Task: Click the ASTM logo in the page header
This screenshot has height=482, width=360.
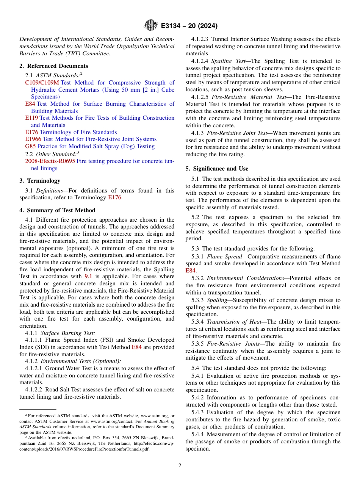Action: coord(150,25)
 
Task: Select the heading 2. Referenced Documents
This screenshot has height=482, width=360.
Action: coord(54,66)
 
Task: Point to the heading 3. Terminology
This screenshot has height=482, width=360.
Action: coord(40,181)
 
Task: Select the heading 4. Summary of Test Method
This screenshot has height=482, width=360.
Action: coord(57,210)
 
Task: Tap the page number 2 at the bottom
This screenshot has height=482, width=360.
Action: coord(180,466)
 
